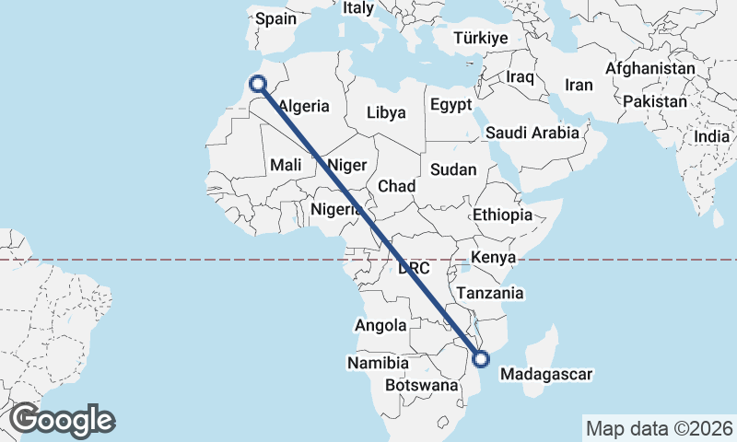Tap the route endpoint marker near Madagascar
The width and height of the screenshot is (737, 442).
480,359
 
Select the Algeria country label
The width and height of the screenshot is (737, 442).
303,106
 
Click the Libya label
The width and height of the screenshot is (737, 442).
386,113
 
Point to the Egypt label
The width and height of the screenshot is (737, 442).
451,104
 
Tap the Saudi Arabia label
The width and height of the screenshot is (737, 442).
532,133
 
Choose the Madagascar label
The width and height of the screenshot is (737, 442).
544,375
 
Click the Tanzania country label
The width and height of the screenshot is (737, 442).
490,294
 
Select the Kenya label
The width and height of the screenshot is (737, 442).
493,257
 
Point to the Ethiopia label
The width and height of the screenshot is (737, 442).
502,215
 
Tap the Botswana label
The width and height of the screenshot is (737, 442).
421,385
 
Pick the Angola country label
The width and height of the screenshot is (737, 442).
380,325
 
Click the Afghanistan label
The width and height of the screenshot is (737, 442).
650,69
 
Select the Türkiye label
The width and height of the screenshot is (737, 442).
481,39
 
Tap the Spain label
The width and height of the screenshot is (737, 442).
275,18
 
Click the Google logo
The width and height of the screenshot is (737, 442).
62,420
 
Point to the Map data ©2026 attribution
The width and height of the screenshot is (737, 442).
660,428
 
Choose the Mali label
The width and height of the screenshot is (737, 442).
287,165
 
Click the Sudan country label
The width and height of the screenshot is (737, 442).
453,169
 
